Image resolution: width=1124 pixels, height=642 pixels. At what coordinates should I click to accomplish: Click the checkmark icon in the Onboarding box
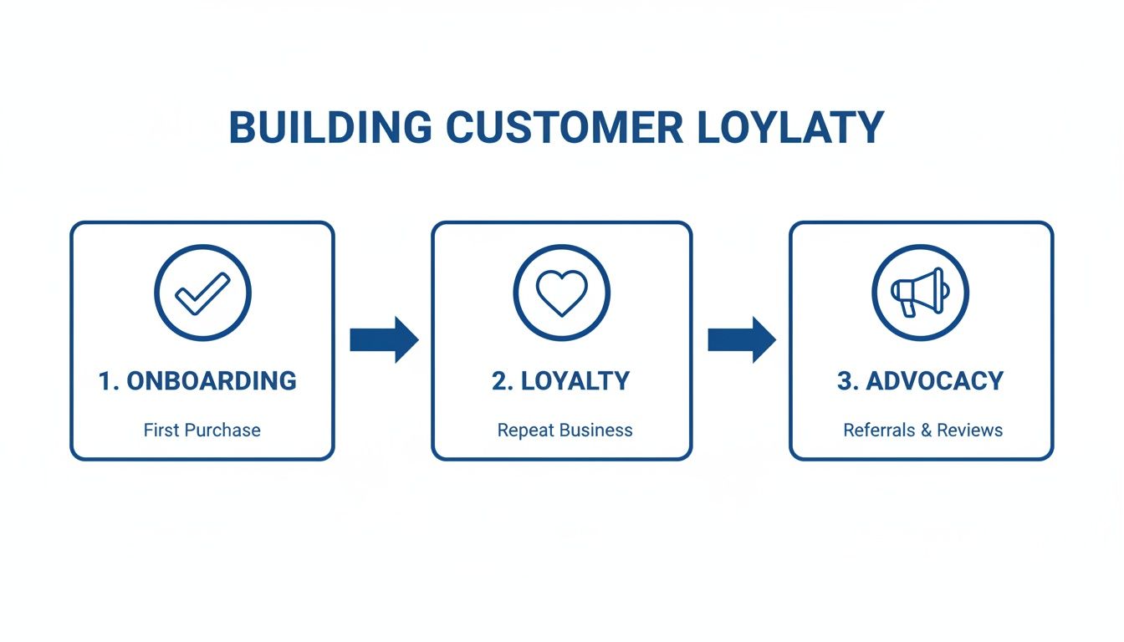point(202,293)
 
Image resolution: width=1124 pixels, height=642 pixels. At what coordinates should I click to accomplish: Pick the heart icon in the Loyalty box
point(562,293)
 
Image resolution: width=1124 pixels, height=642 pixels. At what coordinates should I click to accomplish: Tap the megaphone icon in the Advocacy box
point(920,293)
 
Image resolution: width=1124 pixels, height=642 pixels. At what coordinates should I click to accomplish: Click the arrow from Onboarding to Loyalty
point(384,339)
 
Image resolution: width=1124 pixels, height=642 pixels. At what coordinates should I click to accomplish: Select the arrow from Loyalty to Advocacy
point(742,339)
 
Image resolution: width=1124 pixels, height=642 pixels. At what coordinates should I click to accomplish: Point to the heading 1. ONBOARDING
point(197,381)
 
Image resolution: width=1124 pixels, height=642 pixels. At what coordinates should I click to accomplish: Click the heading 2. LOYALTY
point(561,381)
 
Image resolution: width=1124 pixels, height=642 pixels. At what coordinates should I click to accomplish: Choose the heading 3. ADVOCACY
point(920,381)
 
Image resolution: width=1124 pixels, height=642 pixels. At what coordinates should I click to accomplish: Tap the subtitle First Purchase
point(202,431)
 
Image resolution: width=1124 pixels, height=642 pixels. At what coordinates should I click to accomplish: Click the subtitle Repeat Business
point(565,431)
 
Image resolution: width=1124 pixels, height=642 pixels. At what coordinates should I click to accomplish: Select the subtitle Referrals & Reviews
point(922,431)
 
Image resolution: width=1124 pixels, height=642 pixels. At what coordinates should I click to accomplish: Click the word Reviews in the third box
point(969,431)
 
